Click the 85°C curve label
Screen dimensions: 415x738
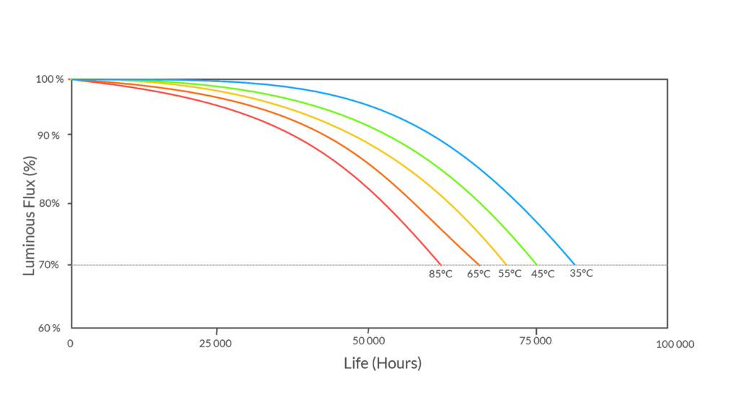440,274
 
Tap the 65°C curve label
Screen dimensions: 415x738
479,274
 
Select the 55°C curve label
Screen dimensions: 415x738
510,274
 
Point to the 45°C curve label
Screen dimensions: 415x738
543,274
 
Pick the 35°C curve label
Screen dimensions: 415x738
582,274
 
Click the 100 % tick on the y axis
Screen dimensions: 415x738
50,79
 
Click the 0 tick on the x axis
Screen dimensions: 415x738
70,344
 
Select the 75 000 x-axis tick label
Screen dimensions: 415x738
535,344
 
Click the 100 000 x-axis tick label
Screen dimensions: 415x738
675,344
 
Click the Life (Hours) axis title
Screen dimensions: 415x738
383,363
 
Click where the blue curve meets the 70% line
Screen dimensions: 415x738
574,264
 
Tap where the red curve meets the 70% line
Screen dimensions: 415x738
440,264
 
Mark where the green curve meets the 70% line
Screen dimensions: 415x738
537,264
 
